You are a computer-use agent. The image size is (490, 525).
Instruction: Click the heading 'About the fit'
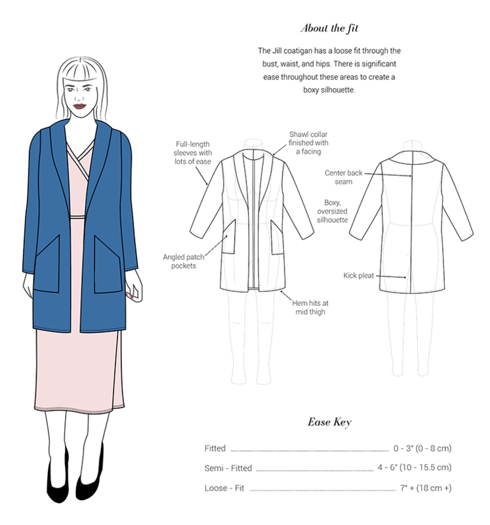coord(329,28)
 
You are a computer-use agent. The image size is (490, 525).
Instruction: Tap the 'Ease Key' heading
coord(329,422)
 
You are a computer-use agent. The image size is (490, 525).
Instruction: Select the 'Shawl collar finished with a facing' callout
coord(308,143)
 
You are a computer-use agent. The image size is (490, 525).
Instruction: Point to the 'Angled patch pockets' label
coord(184,261)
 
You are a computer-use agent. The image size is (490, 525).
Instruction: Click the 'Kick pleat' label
coord(358,276)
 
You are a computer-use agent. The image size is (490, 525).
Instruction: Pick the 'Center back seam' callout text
coord(344,177)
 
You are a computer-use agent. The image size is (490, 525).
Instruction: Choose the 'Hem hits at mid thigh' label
coord(310,307)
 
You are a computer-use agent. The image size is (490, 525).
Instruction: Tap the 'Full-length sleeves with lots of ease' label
coord(193,153)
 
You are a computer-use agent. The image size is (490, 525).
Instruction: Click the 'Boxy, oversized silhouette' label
coord(333,211)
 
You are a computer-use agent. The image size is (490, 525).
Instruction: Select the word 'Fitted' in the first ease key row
coord(215,448)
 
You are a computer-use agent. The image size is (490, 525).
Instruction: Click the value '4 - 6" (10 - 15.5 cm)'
coord(415,467)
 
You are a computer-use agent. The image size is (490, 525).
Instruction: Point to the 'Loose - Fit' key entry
coord(224,488)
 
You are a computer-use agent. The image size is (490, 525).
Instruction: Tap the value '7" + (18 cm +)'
coord(426,488)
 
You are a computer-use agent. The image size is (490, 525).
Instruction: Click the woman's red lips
coord(79,106)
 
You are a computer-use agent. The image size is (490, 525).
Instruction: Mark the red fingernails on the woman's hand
coord(131,295)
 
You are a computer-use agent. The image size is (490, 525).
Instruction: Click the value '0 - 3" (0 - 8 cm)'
coord(422,448)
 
